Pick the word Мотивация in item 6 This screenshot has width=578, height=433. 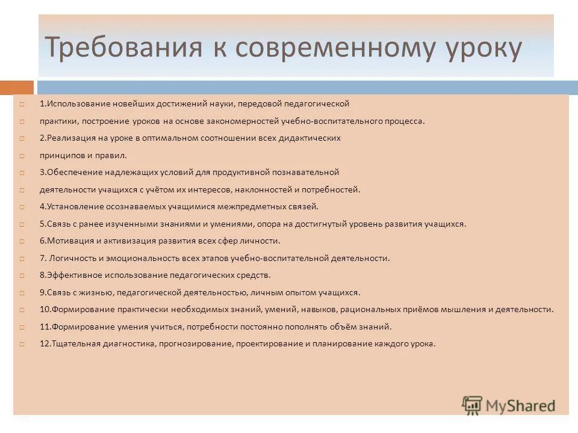(x=67, y=241)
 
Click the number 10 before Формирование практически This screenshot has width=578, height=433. (x=45, y=309)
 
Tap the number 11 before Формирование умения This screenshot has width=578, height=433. (x=45, y=327)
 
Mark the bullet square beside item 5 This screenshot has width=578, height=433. (x=21, y=224)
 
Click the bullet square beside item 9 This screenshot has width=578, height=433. (x=21, y=293)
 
